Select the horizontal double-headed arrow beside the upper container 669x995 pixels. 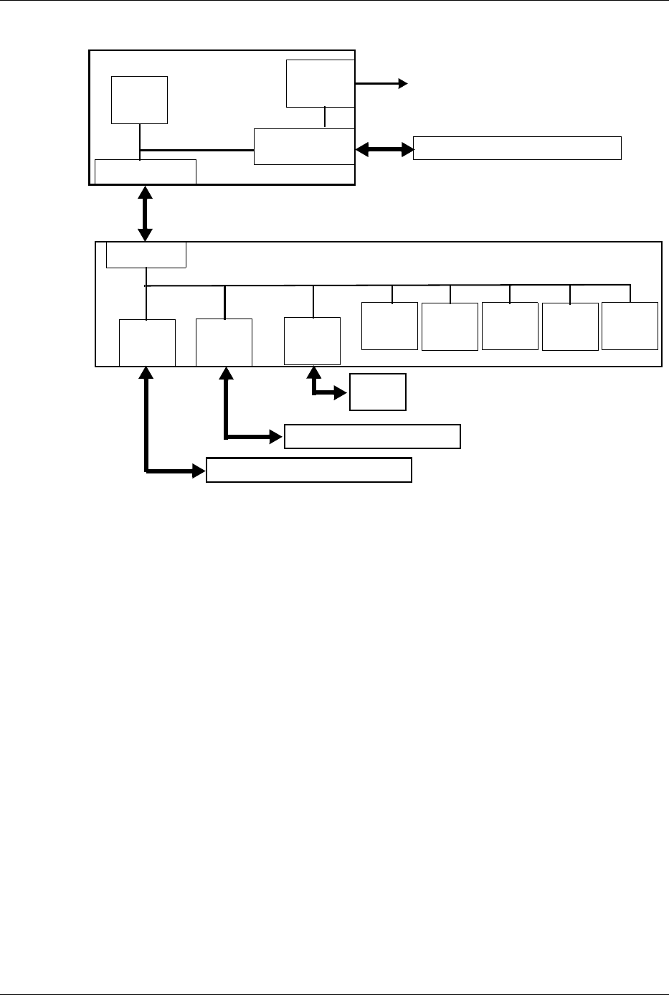click(x=385, y=149)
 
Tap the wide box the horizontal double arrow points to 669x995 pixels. click(x=517, y=147)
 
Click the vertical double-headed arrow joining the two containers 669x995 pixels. click(x=146, y=213)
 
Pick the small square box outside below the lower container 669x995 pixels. click(x=377, y=392)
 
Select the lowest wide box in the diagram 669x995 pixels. click(x=308, y=469)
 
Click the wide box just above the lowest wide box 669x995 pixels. click(x=372, y=436)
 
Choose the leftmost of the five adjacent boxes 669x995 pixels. click(x=389, y=326)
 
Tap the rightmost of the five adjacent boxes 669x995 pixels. click(x=630, y=326)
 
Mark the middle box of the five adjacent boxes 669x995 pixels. click(x=510, y=326)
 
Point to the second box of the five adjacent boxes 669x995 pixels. click(x=450, y=326)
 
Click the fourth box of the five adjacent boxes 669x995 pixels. click(x=570, y=326)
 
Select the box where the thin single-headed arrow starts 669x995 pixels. click(x=320, y=83)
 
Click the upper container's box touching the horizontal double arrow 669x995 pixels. click(x=305, y=146)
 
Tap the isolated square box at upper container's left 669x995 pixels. click(x=140, y=100)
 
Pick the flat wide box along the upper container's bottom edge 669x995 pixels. click(x=146, y=171)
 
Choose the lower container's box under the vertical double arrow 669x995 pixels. click(x=146, y=255)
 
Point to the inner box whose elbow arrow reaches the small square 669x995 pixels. click(x=312, y=340)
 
